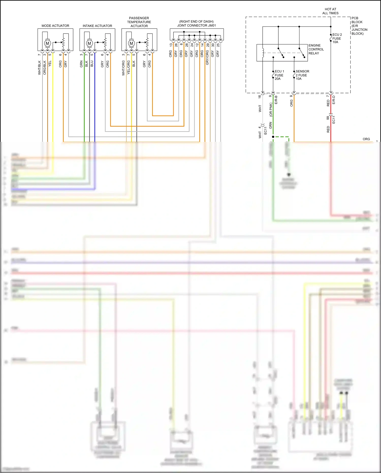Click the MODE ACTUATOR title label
click(55, 26)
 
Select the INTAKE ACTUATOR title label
click(97, 26)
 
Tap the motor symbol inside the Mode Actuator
click(47, 43)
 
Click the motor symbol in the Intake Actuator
click(89, 43)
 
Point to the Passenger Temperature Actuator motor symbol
click(131, 43)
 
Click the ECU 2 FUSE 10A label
click(337, 38)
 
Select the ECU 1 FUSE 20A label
click(279, 75)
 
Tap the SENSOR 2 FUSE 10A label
click(302, 75)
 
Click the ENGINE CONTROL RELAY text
click(316, 49)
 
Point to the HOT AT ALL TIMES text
click(330, 11)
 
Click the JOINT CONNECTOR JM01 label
click(196, 25)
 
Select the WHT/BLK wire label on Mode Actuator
click(39, 68)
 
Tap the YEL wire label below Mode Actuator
click(50, 64)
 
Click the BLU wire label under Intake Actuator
click(92, 64)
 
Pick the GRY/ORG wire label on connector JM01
click(207, 57)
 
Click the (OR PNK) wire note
click(271, 110)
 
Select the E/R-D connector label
click(334, 100)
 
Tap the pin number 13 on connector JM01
click(171, 45)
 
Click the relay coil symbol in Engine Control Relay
click(263, 53)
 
